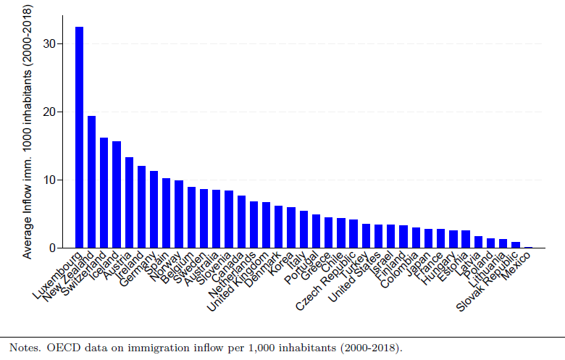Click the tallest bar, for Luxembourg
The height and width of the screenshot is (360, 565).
(x=79, y=138)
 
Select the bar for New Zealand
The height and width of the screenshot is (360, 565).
(x=91, y=182)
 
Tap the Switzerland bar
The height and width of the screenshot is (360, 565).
(x=104, y=193)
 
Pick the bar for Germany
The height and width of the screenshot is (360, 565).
(x=154, y=209)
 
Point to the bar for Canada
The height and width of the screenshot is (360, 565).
(x=241, y=222)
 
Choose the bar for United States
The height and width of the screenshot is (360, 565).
(x=378, y=236)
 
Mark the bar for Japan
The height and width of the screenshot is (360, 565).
(x=428, y=238)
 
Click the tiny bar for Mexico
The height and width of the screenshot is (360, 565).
(x=528, y=247)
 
